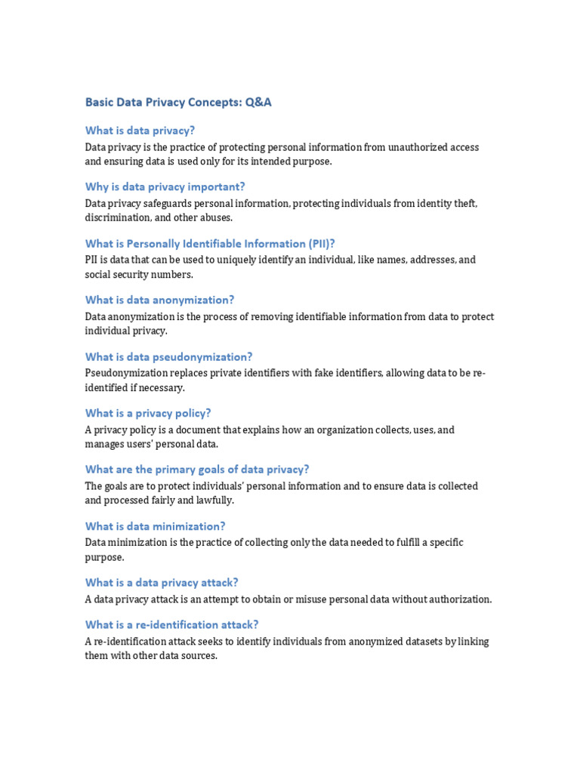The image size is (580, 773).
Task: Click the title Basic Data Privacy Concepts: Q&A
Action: pyautogui.click(x=178, y=103)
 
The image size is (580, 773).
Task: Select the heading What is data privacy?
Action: pyautogui.click(x=140, y=130)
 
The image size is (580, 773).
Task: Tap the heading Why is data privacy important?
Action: pyautogui.click(x=165, y=186)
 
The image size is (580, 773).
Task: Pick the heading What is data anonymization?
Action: pyautogui.click(x=159, y=300)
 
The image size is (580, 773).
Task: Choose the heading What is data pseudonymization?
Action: pyautogui.click(x=168, y=356)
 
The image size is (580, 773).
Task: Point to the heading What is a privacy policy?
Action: pyautogui.click(x=148, y=413)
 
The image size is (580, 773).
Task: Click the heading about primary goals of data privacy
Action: pyautogui.click(x=197, y=470)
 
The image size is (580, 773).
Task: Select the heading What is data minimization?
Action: pyautogui.click(x=155, y=526)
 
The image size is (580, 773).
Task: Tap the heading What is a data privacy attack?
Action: pyautogui.click(x=162, y=583)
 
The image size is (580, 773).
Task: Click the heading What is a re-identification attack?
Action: pyautogui.click(x=171, y=624)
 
